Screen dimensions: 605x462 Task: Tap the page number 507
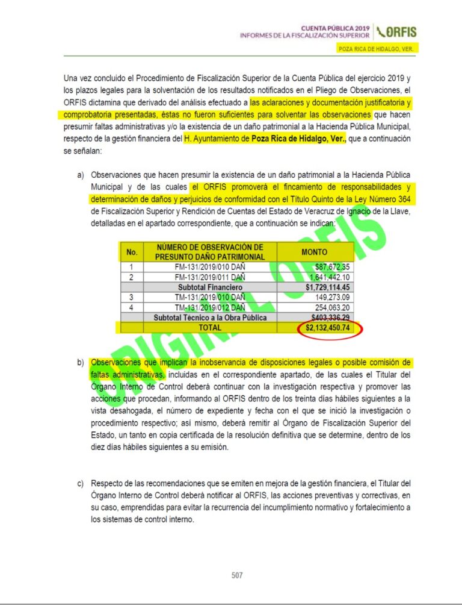237,575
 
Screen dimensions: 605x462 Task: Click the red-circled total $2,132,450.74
328,328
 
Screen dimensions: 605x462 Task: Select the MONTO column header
315,252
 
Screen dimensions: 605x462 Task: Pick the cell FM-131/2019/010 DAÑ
209,267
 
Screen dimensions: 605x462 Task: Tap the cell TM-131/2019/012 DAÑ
209,307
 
